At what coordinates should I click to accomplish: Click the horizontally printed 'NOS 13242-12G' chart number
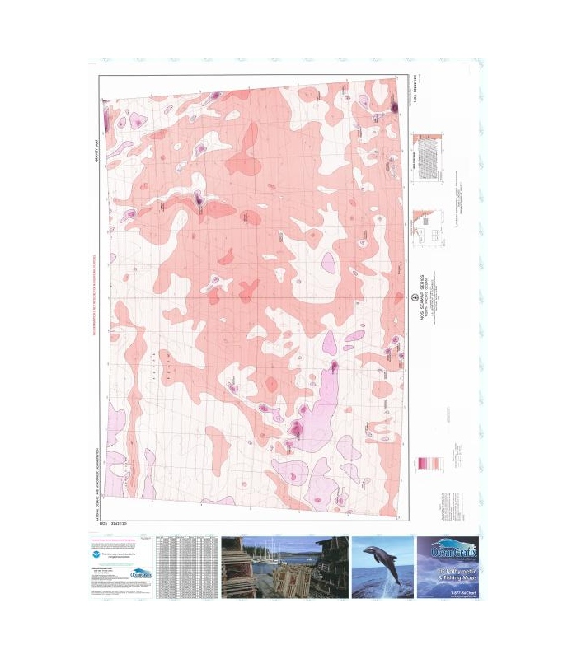pyautogui.click(x=115, y=524)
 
